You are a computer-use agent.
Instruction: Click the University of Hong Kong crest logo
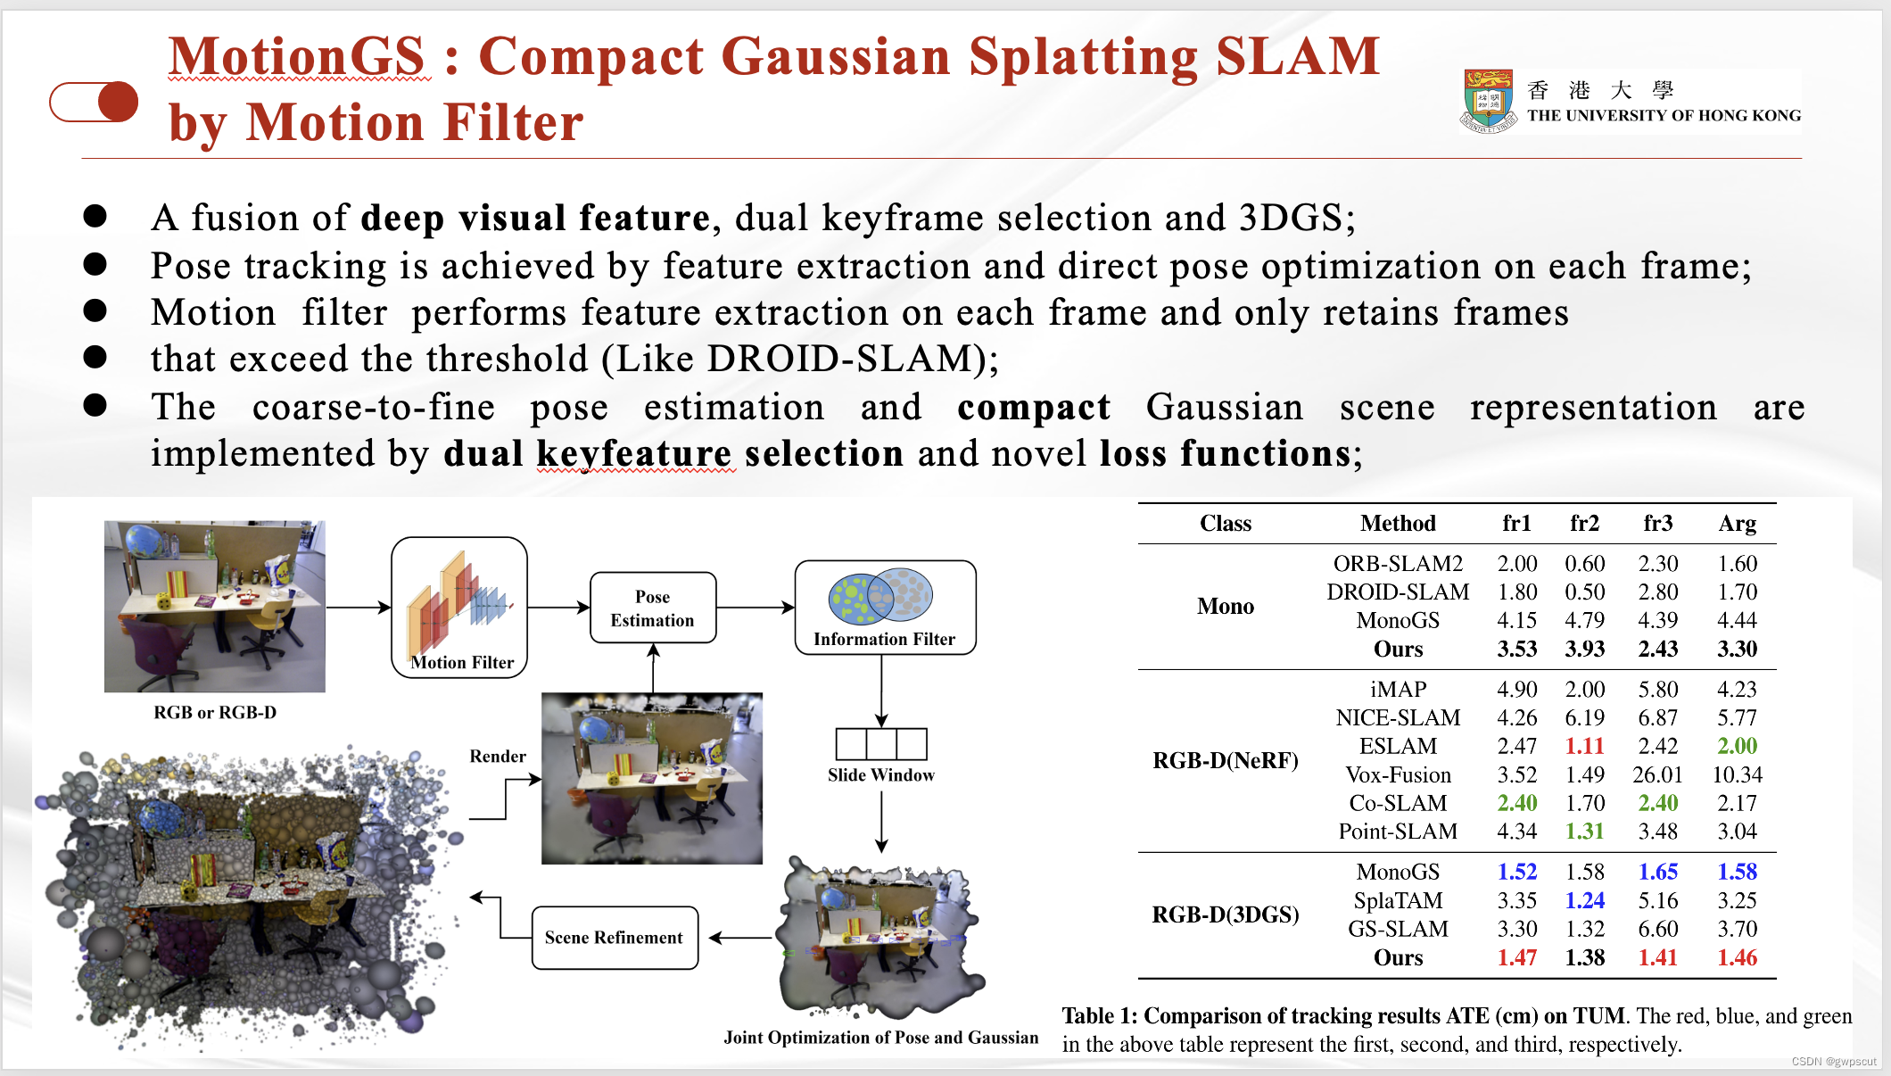[1488, 101]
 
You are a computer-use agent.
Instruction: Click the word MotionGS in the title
[297, 56]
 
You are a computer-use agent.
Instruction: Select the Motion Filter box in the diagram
[459, 607]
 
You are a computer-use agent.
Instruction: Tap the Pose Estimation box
[653, 608]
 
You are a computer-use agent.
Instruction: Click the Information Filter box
[885, 608]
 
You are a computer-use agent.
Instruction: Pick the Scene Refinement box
[615, 938]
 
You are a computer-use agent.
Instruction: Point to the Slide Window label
[880, 774]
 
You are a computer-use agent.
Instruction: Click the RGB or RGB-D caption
[215, 712]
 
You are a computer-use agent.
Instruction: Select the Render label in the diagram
[498, 756]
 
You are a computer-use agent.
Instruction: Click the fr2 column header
[1584, 523]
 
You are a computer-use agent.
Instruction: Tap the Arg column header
[1737, 523]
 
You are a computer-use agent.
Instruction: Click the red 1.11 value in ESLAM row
[1584, 746]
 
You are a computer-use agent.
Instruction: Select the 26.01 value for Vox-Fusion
[1657, 774]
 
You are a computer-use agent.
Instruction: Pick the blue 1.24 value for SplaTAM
[1584, 900]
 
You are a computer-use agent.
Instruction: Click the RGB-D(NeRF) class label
[1225, 760]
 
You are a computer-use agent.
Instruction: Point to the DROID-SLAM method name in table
[1398, 592]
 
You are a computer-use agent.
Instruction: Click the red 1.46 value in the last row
[1737, 957]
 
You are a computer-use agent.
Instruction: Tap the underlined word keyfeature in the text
[635, 453]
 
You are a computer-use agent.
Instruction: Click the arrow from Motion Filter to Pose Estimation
[558, 608]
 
